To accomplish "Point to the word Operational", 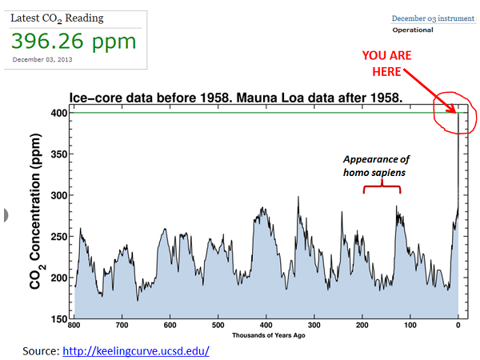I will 412,30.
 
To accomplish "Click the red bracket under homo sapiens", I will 381,187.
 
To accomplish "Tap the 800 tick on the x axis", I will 74,326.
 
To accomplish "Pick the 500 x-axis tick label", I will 218,326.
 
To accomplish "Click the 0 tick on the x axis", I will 458,326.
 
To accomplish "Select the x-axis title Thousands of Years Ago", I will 266,334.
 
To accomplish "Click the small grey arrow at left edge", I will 6,214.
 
